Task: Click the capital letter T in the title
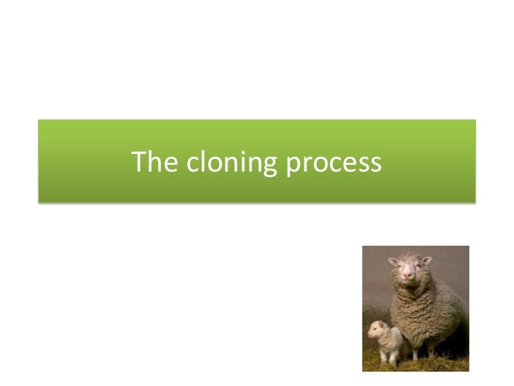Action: (139, 162)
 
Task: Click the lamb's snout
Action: (371, 333)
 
